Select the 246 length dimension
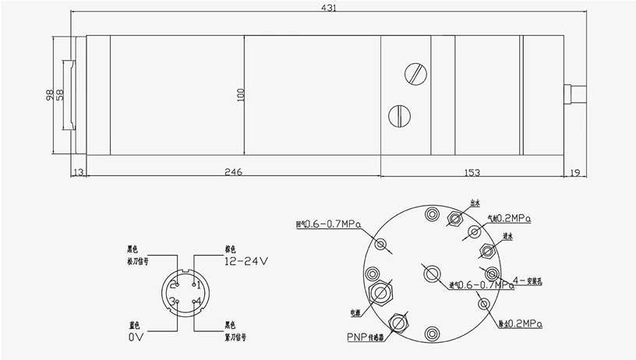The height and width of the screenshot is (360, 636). [233, 171]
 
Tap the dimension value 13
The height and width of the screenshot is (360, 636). [78, 171]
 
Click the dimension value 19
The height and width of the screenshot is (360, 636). [575, 171]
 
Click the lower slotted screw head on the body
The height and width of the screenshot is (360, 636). [398, 115]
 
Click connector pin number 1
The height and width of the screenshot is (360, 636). [198, 285]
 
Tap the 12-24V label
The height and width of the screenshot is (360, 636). [246, 262]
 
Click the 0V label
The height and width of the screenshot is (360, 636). [136, 338]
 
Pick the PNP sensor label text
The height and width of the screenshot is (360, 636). [366, 337]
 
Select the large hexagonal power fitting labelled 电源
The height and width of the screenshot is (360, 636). [382, 293]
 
